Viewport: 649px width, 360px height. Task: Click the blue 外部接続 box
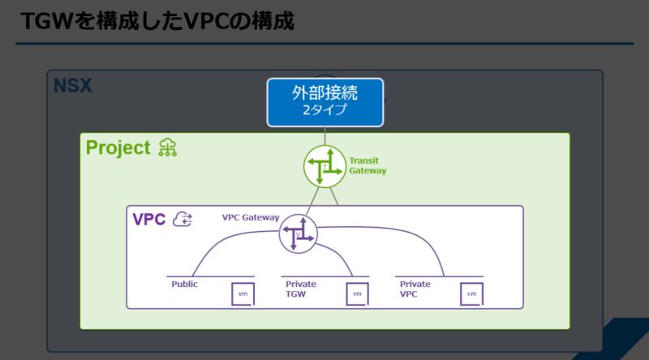[x=325, y=102]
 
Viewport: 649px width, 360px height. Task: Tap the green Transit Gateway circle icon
[x=324, y=166]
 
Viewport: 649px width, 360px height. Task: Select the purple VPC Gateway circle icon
[x=298, y=234]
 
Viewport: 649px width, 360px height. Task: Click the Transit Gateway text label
[x=367, y=165]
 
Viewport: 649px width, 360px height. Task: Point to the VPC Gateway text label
[x=251, y=217]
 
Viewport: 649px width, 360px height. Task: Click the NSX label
[x=73, y=86]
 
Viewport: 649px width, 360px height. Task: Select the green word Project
[x=118, y=148]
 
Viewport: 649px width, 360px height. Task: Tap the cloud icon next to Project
[x=168, y=148]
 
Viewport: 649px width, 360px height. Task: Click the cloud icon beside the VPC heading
[x=183, y=219]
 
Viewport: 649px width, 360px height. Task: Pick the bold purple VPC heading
[x=149, y=219]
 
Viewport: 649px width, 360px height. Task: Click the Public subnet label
[x=185, y=284]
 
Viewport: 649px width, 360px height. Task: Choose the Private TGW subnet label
[x=301, y=289]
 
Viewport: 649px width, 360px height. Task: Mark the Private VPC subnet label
[x=415, y=289]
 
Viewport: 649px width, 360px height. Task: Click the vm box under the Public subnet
[x=243, y=294]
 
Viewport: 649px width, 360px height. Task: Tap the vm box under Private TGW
[x=357, y=294]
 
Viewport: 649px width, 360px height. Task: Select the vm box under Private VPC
[x=471, y=294]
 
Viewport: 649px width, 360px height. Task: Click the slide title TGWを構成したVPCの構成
[x=157, y=21]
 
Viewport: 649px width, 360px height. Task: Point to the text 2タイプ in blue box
[x=325, y=110]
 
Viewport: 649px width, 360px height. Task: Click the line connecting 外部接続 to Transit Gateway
[x=325, y=136]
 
